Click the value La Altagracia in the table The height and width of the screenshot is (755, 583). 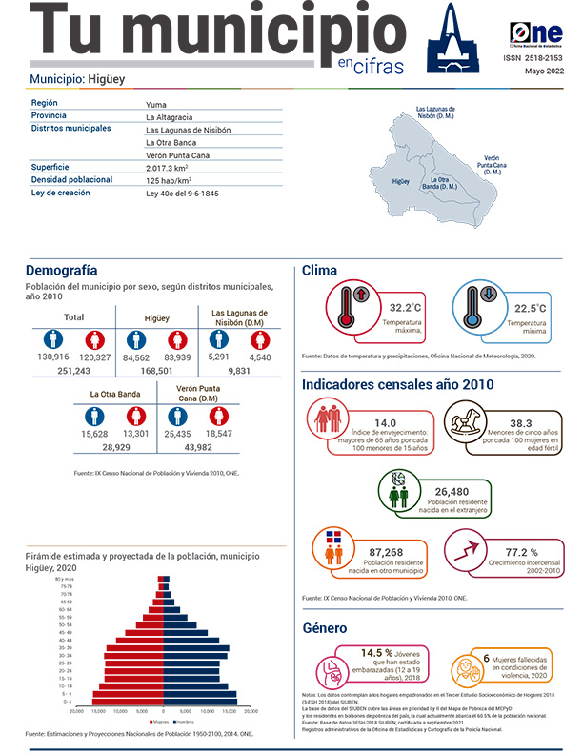(172, 116)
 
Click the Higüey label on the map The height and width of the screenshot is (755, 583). (401, 179)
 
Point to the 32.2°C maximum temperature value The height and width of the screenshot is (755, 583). (405, 308)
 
